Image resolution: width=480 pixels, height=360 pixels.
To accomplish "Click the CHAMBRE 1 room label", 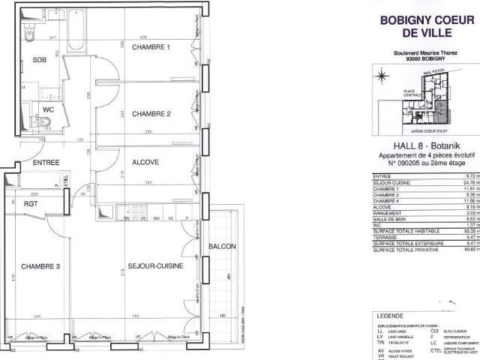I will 151,48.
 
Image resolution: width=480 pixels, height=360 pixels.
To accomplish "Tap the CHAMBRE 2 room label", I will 151,114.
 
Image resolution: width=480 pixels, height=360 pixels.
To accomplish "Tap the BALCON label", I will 223,246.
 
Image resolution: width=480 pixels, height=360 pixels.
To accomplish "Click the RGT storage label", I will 31,202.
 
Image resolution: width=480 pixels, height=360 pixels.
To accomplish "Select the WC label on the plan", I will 47,109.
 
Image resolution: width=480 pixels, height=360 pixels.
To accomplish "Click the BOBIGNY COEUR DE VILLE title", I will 428,28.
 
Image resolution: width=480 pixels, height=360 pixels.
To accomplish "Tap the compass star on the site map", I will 382,75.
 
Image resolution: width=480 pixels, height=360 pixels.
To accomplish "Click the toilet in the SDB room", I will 30,34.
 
